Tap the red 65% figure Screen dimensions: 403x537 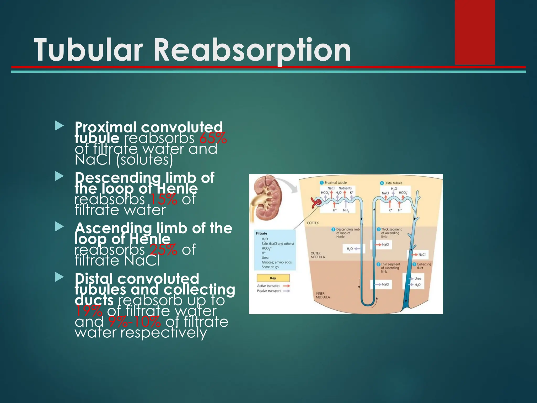(213, 138)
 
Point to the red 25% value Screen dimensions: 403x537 (163, 250)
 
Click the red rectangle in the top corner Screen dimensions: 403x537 (475, 31)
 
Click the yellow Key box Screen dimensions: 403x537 (273, 278)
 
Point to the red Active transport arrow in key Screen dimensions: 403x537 (286, 286)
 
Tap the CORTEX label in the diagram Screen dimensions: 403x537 (313, 223)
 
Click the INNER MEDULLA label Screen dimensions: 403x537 (323, 295)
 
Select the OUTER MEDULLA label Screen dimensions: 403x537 (318, 255)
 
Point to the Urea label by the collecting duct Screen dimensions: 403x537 (418, 279)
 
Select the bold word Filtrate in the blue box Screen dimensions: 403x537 (261, 234)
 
